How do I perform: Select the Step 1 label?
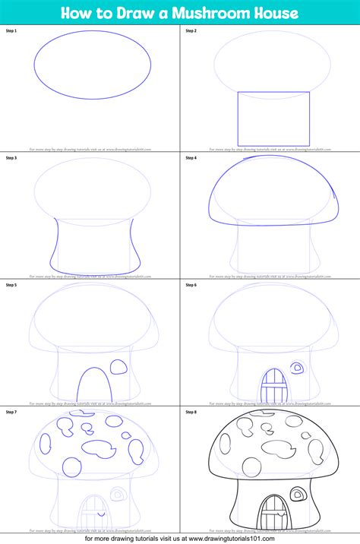click(11, 30)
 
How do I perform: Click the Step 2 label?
click(191, 30)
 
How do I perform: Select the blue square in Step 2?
click(273, 119)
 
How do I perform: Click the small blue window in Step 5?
click(119, 368)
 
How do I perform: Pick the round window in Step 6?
click(298, 368)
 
